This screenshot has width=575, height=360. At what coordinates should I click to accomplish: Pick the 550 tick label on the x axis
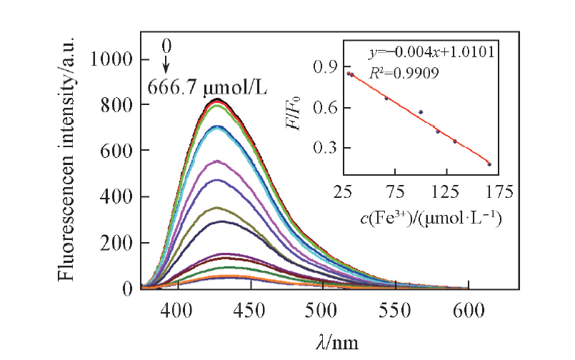[x=395, y=309]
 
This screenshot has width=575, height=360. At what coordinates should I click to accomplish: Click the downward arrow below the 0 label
[x=166, y=65]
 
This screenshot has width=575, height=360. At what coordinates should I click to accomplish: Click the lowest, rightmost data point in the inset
[x=489, y=164]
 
